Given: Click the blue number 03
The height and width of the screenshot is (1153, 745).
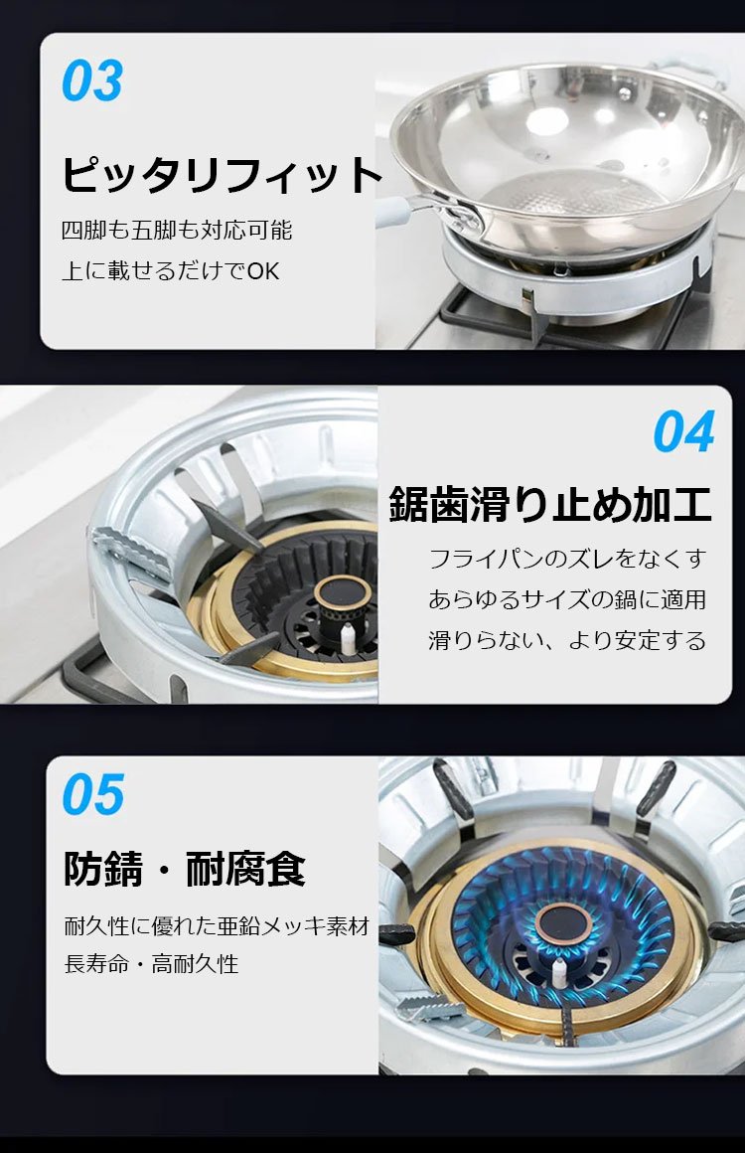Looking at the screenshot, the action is (x=92, y=81).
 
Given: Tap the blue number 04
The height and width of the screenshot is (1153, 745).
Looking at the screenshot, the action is (x=684, y=431).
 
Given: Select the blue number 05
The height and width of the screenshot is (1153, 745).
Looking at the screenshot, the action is (x=93, y=794).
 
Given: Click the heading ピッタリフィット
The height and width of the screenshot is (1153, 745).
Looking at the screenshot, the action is (x=222, y=174).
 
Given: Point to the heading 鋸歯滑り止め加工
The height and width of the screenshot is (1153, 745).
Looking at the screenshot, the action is (x=550, y=504).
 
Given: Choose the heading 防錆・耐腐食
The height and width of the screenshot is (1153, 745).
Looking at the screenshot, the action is (x=185, y=869).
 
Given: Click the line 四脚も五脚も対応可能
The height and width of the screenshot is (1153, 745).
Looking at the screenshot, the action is (x=177, y=231).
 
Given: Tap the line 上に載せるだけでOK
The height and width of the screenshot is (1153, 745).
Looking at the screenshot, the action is (x=171, y=270).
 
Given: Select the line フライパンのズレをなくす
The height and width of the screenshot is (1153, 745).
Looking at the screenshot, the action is (x=567, y=559).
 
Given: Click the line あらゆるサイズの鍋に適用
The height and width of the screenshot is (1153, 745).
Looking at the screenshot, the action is (x=567, y=599).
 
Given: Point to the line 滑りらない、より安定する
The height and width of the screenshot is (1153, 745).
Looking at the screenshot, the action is (x=567, y=640).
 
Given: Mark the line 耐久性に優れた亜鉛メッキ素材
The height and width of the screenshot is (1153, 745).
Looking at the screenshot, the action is (x=217, y=925).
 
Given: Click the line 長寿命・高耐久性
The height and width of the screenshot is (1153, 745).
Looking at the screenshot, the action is (x=151, y=963).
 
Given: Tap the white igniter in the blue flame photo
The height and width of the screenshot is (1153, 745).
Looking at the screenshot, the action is (x=559, y=973).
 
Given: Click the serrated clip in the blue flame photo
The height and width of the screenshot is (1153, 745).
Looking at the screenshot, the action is (x=430, y=1007).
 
